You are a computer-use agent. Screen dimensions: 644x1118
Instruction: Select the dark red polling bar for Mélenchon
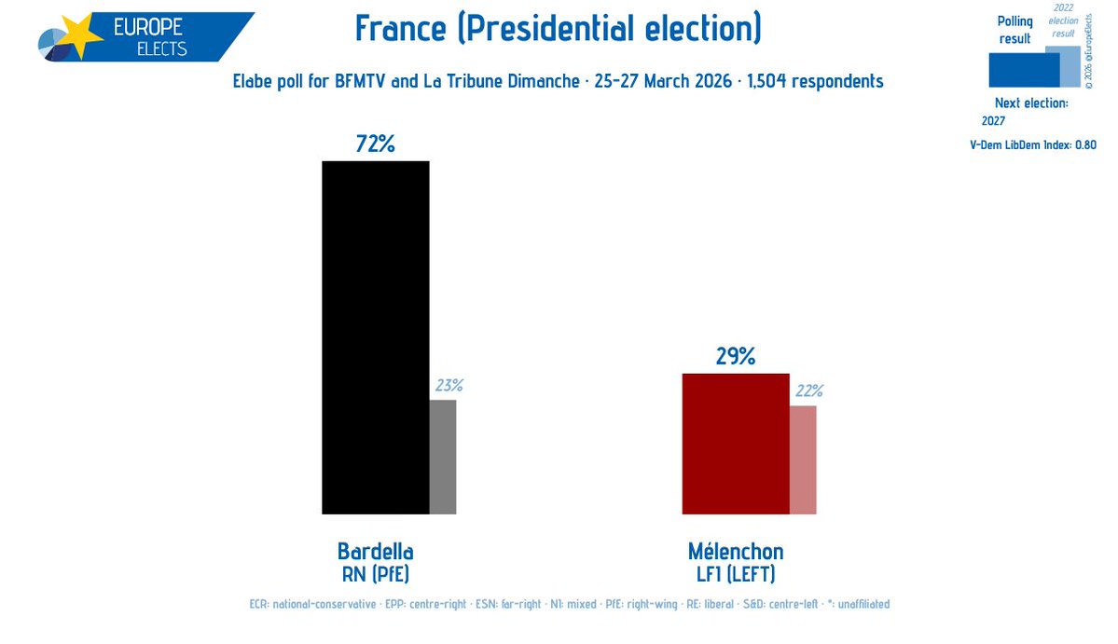click(736, 444)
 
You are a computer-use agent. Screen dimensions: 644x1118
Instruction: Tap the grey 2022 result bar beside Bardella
click(442, 457)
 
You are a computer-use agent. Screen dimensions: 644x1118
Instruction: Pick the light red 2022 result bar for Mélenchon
click(803, 459)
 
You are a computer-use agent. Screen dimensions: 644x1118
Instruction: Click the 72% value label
click(375, 144)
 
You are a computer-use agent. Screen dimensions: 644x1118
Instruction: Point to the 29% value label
click(736, 356)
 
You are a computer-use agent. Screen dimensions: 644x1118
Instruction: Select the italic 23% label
click(448, 386)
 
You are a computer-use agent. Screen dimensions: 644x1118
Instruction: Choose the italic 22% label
click(808, 391)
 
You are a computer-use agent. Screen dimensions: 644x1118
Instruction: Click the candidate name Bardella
click(375, 551)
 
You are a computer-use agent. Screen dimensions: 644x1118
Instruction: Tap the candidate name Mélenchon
click(736, 551)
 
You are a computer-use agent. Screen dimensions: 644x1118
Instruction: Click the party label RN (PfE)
click(375, 573)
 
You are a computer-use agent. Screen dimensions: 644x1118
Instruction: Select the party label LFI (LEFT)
click(736, 573)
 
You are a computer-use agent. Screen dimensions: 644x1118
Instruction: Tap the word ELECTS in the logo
click(155, 48)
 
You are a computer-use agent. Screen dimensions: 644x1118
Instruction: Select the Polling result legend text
click(1014, 30)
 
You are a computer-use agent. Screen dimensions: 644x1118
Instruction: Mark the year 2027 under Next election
click(994, 120)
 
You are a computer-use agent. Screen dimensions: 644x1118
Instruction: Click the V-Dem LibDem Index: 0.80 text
click(1033, 144)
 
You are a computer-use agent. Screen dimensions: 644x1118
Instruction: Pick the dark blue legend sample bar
click(1023, 70)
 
